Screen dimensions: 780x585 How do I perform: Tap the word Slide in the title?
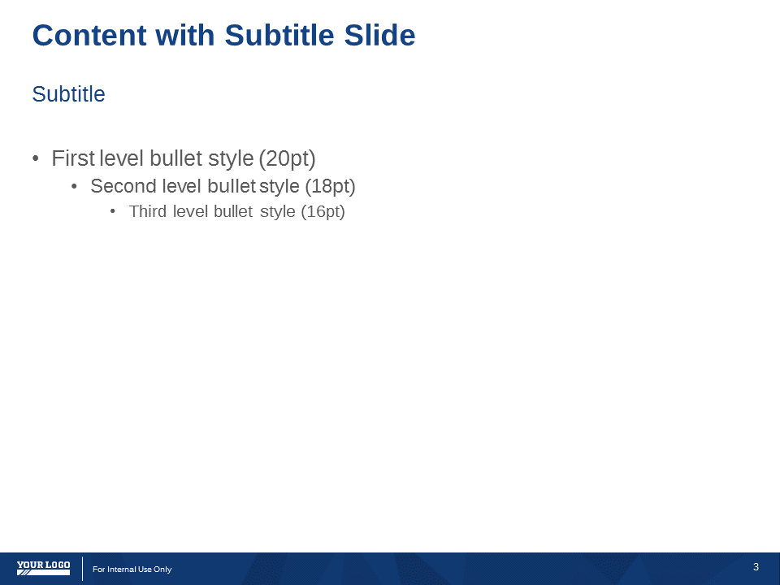click(x=379, y=35)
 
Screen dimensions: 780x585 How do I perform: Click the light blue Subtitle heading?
click(x=68, y=94)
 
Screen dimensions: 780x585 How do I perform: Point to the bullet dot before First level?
click(x=35, y=158)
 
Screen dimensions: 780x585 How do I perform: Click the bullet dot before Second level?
click(x=74, y=187)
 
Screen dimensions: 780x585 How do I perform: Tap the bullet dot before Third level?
click(x=113, y=211)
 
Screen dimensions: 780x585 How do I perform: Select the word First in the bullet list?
click(x=73, y=158)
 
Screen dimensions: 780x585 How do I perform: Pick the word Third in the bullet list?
click(x=148, y=211)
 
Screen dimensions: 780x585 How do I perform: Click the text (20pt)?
click(x=287, y=158)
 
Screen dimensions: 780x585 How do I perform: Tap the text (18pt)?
click(x=331, y=187)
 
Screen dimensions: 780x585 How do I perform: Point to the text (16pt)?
click(x=323, y=212)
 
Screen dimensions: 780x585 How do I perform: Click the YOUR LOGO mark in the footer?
click(x=43, y=568)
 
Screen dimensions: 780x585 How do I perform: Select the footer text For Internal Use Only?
click(x=132, y=569)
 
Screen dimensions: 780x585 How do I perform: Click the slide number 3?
click(x=756, y=566)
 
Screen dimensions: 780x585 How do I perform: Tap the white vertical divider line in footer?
click(x=83, y=569)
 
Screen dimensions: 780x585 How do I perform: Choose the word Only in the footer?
click(x=162, y=569)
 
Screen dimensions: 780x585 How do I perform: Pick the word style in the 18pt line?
click(x=279, y=187)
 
